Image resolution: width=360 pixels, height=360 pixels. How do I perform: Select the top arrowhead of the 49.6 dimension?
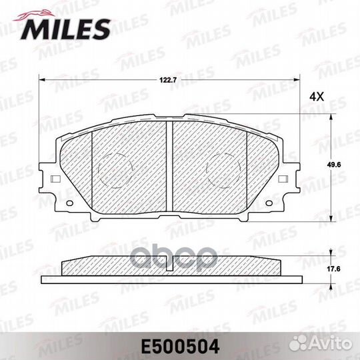click(332, 117)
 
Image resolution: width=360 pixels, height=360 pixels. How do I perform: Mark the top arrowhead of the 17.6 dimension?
click(332, 258)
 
